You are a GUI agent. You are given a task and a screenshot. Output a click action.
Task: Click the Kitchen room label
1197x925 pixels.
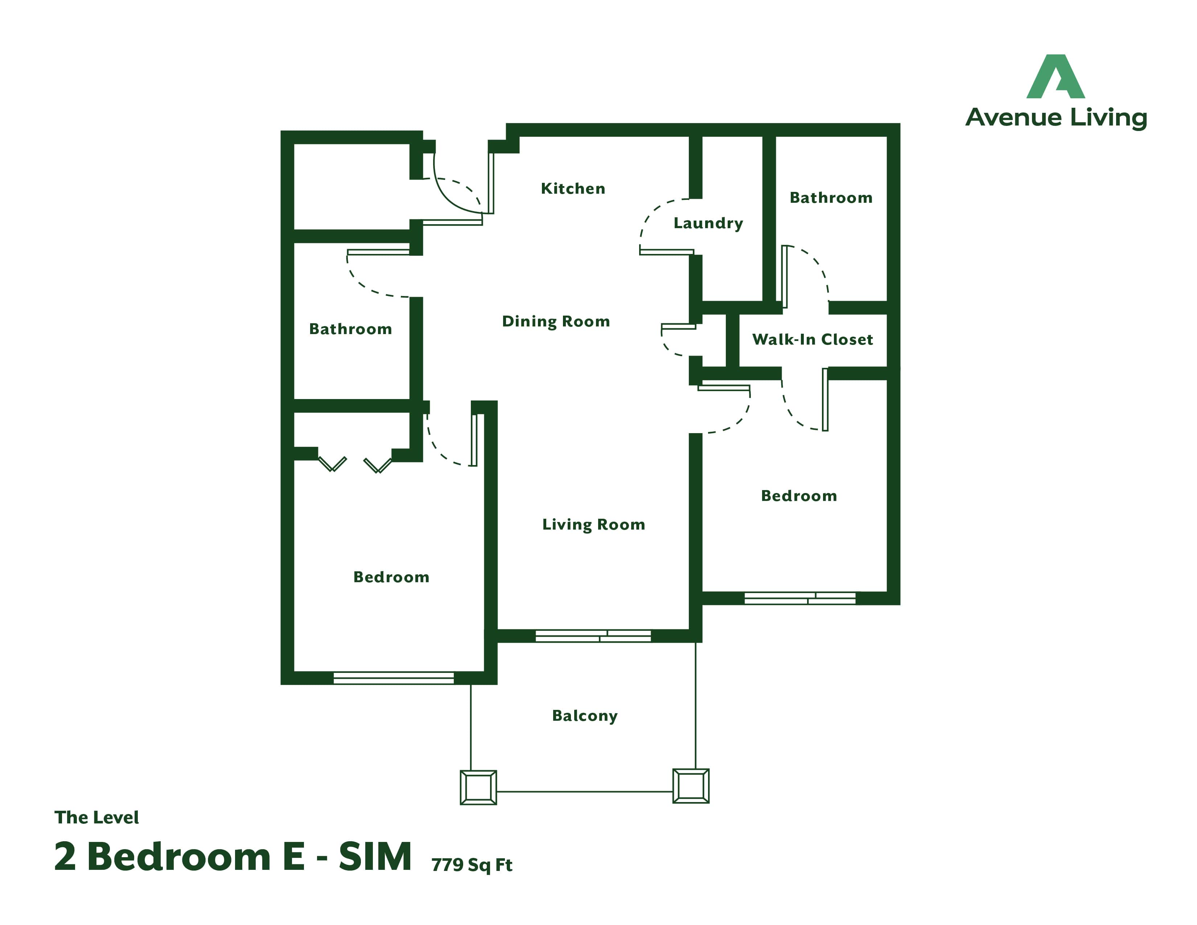tap(573, 189)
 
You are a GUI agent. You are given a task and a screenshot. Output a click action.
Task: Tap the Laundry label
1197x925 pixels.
tap(708, 223)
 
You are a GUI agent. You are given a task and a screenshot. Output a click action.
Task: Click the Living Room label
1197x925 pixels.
tap(593, 525)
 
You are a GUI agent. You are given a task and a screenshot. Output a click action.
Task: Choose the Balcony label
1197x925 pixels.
tap(585, 716)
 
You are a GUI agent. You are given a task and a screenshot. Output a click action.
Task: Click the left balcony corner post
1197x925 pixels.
tap(478, 788)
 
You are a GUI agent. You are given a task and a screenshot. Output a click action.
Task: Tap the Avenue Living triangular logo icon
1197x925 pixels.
tap(1056, 76)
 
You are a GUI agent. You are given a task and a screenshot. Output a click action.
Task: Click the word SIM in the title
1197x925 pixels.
tap(375, 856)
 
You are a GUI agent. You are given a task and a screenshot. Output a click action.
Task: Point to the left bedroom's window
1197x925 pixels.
tap(394, 678)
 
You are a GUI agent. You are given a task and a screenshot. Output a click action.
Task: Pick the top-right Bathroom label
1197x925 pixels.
tap(831, 198)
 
